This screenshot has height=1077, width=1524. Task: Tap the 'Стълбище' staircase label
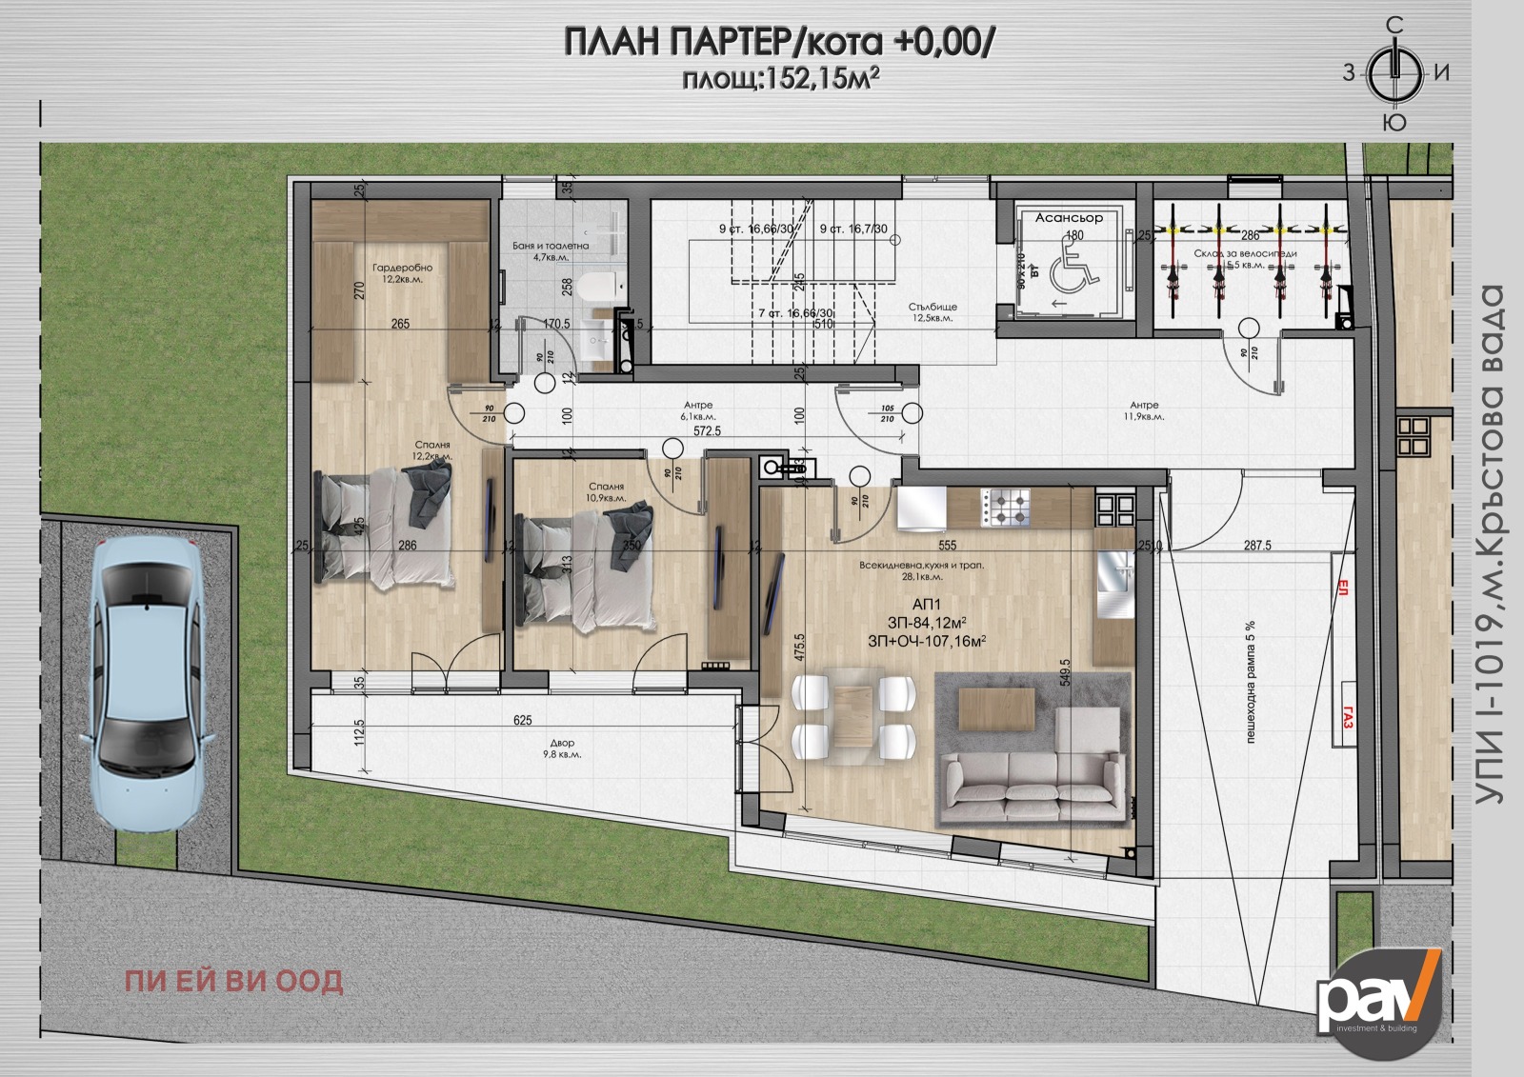(932, 307)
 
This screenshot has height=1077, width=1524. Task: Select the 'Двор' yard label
(562, 743)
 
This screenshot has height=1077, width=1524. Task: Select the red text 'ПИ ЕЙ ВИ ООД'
(234, 982)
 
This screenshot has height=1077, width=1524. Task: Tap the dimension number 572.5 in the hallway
(708, 431)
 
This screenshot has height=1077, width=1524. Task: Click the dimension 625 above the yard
(522, 721)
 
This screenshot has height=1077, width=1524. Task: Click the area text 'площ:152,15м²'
(778, 80)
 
